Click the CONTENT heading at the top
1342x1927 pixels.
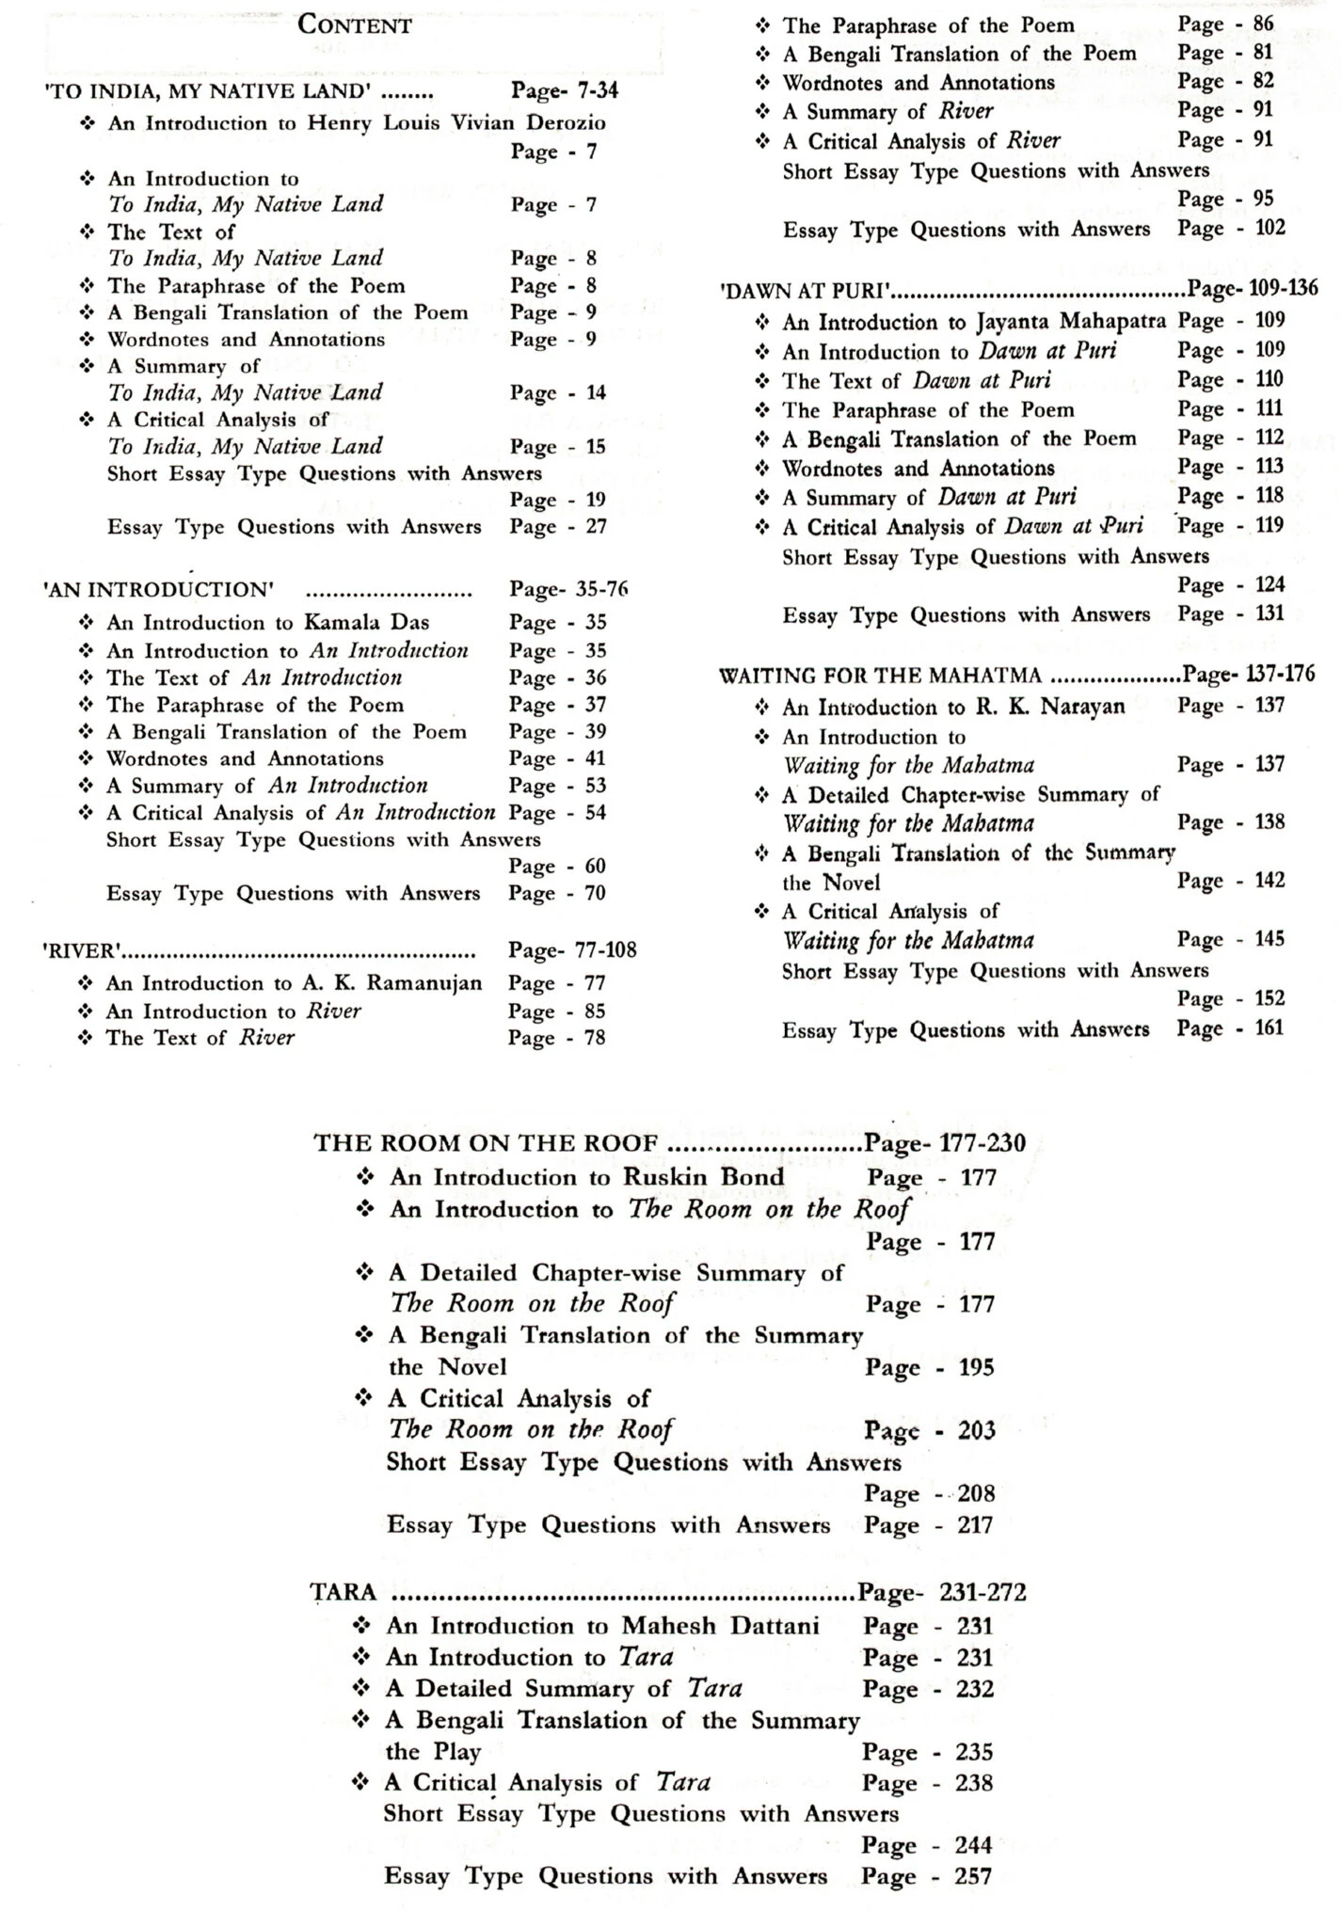354,24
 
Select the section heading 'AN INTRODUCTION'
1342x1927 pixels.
158,590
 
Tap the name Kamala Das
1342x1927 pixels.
366,622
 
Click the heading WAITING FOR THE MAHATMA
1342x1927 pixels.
880,676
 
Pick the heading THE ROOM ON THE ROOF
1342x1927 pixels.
486,1143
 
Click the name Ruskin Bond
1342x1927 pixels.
703,1177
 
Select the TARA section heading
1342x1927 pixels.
343,1592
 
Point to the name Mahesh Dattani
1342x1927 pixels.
720,1626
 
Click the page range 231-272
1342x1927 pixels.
982,1592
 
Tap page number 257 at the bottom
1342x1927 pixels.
974,1876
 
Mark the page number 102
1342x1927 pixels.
1270,228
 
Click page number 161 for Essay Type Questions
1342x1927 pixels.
1269,1027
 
